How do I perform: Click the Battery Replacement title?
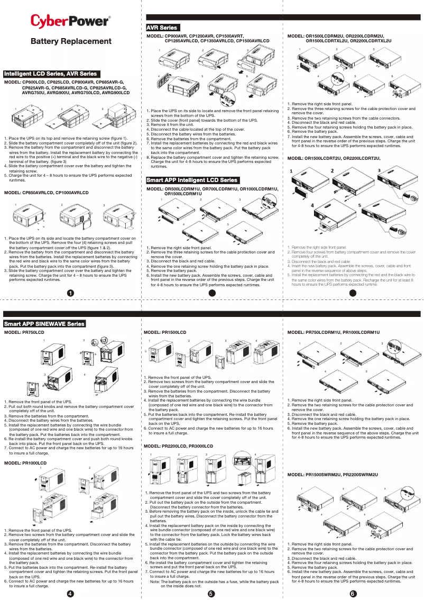point(71,41)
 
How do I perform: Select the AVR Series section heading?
point(162,28)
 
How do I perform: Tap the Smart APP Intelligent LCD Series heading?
point(192,180)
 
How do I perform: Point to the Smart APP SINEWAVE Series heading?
point(44,323)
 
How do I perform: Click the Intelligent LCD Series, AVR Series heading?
point(51,74)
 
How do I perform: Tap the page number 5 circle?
point(211,593)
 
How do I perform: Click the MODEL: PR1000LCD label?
point(25,463)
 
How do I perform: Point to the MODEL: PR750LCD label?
point(24,332)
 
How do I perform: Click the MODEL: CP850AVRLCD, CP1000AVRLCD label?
point(47,193)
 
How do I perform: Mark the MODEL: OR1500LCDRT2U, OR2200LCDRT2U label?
point(334,158)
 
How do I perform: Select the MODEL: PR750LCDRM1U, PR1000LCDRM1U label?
point(333,332)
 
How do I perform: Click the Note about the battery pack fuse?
point(214,584)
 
